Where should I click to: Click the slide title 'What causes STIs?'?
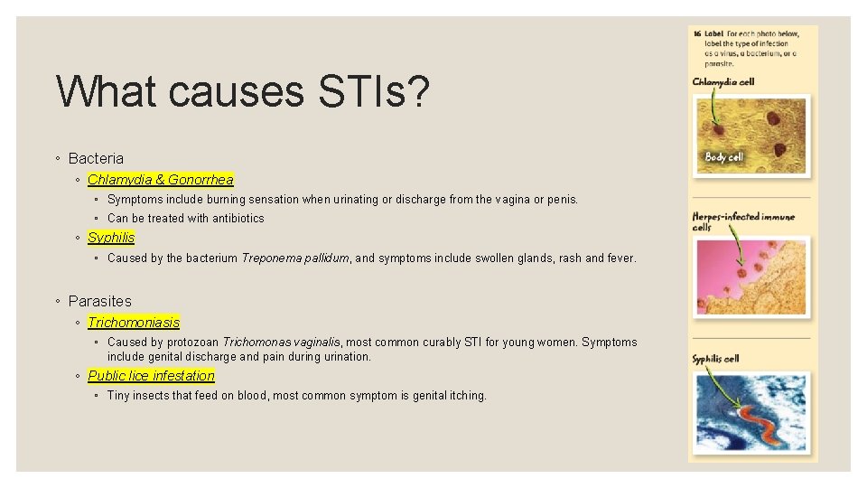click(x=243, y=92)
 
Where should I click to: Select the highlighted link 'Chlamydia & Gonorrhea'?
click(x=160, y=180)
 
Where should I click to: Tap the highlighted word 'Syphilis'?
click(x=111, y=238)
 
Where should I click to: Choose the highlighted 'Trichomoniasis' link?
click(x=134, y=323)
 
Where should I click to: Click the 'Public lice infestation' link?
click(x=151, y=376)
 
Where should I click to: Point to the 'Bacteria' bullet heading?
click(x=96, y=158)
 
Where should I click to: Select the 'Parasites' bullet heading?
click(x=99, y=301)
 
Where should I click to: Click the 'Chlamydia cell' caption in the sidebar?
click(x=723, y=82)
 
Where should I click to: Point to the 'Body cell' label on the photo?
click(x=723, y=157)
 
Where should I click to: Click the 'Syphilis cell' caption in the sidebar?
click(x=715, y=359)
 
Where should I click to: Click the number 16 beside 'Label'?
click(x=697, y=33)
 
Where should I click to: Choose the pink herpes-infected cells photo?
click(x=751, y=276)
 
